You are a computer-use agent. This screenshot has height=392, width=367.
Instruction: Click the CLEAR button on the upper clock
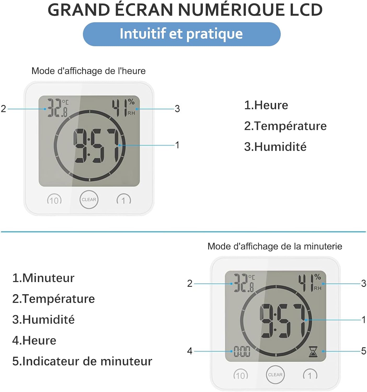pos(89,199)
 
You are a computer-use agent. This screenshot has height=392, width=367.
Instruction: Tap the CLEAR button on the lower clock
pos(275,374)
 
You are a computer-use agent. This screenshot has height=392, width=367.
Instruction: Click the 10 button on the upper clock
pos(54,200)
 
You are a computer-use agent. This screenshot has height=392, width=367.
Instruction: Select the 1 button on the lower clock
pos(310,375)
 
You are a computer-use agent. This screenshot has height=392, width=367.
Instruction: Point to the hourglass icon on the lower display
pos(313,351)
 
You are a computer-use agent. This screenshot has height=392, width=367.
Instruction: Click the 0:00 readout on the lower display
pos(242,351)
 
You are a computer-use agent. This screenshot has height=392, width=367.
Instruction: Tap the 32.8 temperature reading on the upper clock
pos(57,108)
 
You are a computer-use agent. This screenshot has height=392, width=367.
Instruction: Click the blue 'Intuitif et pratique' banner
pos(181,34)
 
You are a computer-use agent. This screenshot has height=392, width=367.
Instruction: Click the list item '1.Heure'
pos(266,105)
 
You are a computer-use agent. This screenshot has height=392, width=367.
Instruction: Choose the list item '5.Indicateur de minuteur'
pos(82,361)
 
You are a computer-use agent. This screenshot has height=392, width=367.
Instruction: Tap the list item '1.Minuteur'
pos(43,278)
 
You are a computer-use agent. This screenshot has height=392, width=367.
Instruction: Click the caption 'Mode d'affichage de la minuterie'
pos(275,246)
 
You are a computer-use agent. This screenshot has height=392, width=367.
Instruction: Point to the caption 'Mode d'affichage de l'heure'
pos(88,71)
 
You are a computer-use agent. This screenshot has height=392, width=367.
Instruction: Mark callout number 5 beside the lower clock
pos(363,351)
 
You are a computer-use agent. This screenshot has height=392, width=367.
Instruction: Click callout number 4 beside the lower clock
pos(190,351)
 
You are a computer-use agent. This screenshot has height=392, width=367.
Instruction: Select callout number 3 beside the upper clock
pos(177,108)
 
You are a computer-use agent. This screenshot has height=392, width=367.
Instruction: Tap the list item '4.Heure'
pos(34,340)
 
